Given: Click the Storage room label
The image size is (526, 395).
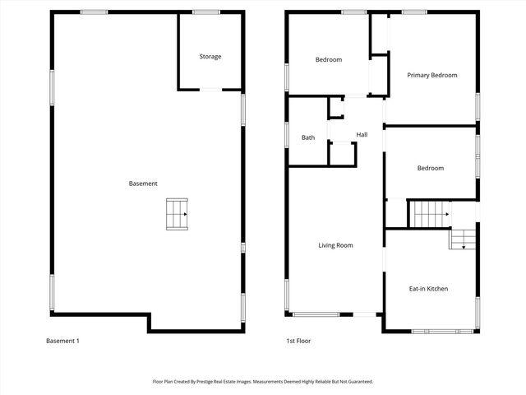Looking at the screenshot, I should (x=210, y=57).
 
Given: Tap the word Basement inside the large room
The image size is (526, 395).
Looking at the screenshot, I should (x=143, y=184).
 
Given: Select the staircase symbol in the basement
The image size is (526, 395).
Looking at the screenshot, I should (x=177, y=214).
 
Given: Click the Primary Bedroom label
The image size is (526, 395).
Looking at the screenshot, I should (x=432, y=75).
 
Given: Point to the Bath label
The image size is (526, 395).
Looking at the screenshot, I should (x=308, y=137).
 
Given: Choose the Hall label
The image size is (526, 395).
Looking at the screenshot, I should (x=362, y=134).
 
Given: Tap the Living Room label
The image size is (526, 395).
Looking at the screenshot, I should (x=336, y=245).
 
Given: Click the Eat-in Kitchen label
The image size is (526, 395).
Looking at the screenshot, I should (x=428, y=289).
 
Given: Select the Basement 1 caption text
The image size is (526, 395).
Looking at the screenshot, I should (x=62, y=341).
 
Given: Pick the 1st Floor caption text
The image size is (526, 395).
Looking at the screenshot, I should (x=298, y=341).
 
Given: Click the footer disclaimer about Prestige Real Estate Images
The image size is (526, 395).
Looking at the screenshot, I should (x=263, y=382).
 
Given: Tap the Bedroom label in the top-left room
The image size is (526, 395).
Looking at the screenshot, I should (x=329, y=59).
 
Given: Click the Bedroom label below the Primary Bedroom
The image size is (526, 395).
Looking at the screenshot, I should (x=430, y=168).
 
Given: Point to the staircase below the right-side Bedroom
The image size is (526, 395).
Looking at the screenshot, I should (x=429, y=214).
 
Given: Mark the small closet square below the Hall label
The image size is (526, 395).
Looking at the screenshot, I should (x=341, y=154).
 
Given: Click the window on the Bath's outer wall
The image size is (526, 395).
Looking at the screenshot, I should (x=287, y=134).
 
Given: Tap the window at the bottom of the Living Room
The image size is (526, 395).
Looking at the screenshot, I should (x=316, y=314).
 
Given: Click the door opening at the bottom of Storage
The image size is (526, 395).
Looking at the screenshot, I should (x=211, y=89).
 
